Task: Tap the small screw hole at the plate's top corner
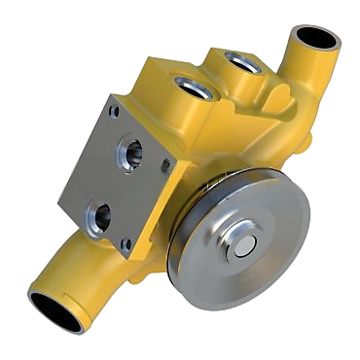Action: tap(116, 112)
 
